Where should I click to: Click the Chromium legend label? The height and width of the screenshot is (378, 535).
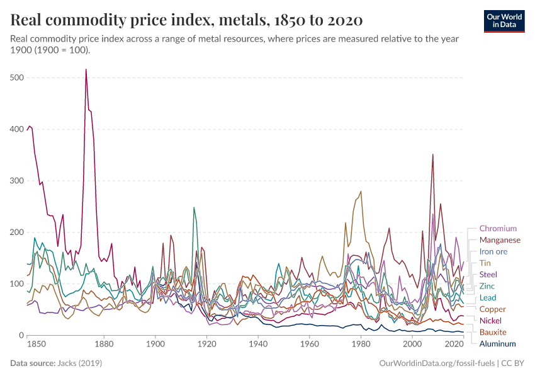click(x=497, y=229)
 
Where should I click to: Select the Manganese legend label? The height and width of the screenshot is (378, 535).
click(x=500, y=240)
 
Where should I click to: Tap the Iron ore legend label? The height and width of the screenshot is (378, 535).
click(x=493, y=251)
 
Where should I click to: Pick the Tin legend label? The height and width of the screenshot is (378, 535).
click(x=485, y=263)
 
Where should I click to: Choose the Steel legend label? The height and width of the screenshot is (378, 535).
click(x=488, y=275)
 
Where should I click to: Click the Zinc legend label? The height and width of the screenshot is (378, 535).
click(x=487, y=286)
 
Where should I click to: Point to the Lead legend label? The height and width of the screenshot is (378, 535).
click(x=488, y=297)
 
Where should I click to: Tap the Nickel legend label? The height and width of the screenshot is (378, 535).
click(x=490, y=321)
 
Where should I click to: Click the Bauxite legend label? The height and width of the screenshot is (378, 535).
click(x=493, y=332)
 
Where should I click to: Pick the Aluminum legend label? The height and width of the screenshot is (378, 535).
click(x=497, y=344)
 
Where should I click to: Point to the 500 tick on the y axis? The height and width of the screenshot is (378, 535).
click(x=17, y=77)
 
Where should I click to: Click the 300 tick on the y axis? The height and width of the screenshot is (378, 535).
click(x=17, y=181)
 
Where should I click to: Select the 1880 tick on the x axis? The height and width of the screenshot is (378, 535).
click(x=104, y=345)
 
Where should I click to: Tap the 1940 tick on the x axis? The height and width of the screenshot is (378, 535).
click(x=257, y=345)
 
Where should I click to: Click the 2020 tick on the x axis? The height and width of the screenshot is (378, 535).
click(x=453, y=345)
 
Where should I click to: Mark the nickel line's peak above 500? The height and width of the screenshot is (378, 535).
click(x=86, y=69)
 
